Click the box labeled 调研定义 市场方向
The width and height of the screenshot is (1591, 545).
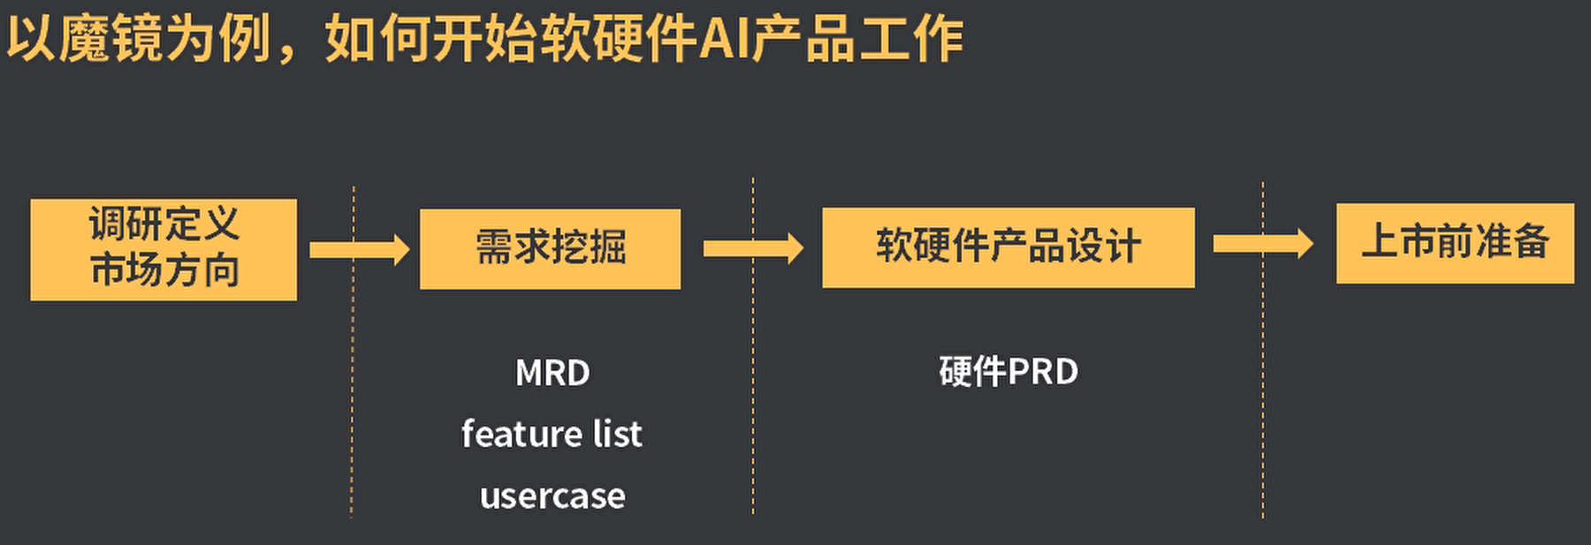(x=164, y=249)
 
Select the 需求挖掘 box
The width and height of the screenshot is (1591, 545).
(x=550, y=248)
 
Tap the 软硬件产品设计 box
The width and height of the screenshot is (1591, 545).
(x=1008, y=247)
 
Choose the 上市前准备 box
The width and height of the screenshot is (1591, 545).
(x=1454, y=243)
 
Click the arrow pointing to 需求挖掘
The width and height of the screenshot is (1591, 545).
(x=359, y=250)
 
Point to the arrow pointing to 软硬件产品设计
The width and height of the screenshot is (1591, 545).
(x=752, y=249)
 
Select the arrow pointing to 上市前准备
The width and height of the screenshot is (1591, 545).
(x=1262, y=244)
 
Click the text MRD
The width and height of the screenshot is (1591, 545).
(x=552, y=373)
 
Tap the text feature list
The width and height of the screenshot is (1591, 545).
(x=552, y=434)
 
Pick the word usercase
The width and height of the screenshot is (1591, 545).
(x=552, y=496)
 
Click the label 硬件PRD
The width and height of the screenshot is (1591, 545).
(x=1009, y=372)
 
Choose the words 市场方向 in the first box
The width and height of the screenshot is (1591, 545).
(x=164, y=270)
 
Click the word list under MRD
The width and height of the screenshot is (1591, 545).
(x=617, y=434)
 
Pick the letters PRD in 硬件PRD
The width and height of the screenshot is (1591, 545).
(x=1043, y=372)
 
